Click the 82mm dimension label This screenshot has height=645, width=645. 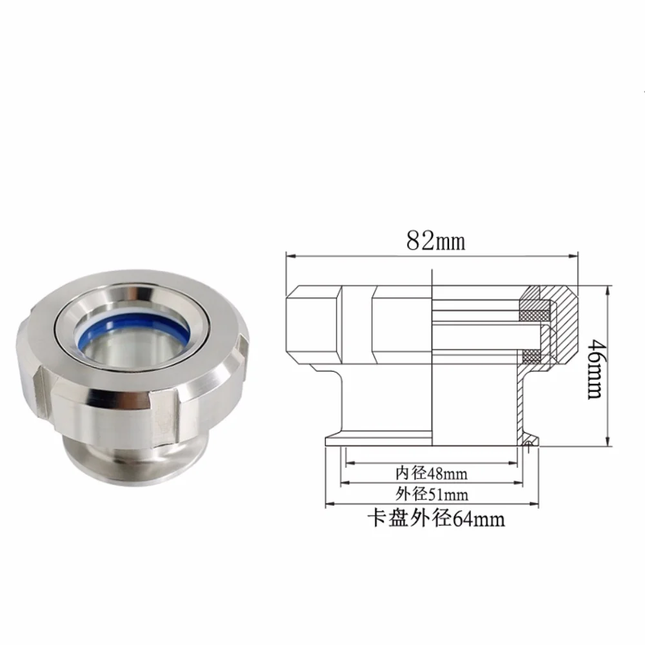[x=435, y=241]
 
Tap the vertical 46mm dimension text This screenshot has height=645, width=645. [x=595, y=368]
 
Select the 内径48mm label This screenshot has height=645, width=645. [x=432, y=473]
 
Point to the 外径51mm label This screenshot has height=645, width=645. [x=432, y=493]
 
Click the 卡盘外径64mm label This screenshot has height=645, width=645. [x=436, y=518]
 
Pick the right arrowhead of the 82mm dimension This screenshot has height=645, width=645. [x=573, y=256]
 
